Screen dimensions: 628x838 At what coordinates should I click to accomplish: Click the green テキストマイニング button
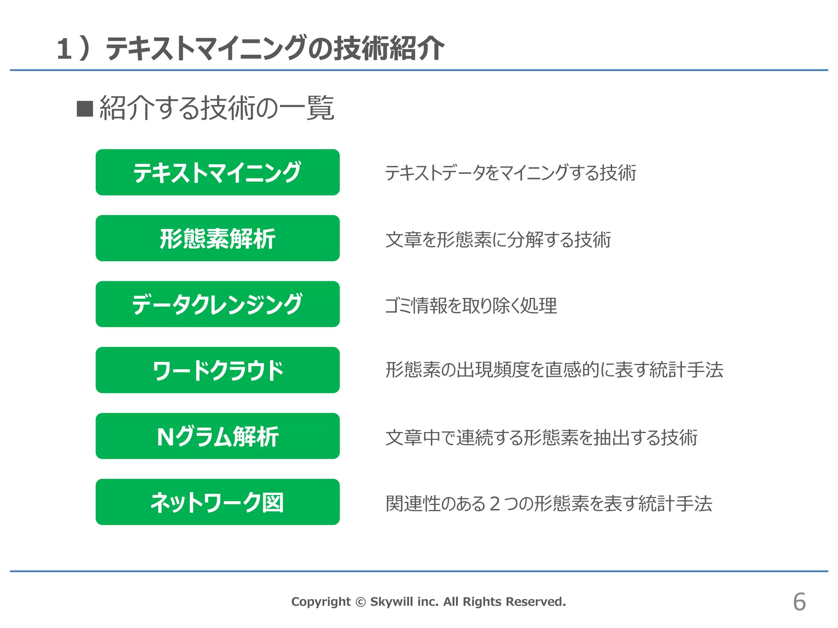click(217, 172)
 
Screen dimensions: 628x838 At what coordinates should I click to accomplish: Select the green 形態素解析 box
click(217, 238)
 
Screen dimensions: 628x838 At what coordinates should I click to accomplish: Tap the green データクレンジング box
click(217, 304)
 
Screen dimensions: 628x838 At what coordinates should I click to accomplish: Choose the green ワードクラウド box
click(217, 370)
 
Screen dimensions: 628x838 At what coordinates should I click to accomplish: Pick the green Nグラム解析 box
click(217, 436)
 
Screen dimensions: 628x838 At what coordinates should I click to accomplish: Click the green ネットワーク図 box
click(217, 502)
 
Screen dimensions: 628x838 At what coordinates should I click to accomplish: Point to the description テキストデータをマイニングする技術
click(510, 173)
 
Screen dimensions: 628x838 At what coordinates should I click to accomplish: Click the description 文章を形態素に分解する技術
click(498, 240)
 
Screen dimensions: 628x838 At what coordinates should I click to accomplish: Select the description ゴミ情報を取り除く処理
click(471, 305)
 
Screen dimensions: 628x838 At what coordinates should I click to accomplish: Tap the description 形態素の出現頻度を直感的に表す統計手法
click(554, 370)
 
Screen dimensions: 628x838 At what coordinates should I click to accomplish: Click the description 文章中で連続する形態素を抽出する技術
click(541, 437)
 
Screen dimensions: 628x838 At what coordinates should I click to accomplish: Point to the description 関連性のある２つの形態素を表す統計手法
click(549, 503)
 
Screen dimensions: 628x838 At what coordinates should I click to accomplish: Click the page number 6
click(799, 602)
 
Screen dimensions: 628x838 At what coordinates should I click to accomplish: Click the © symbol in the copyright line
click(360, 602)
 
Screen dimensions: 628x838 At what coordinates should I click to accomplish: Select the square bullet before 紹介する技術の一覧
click(85, 109)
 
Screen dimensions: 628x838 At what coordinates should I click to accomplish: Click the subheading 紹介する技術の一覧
click(217, 108)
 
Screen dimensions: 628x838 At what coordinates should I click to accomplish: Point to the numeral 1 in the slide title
click(65, 49)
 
